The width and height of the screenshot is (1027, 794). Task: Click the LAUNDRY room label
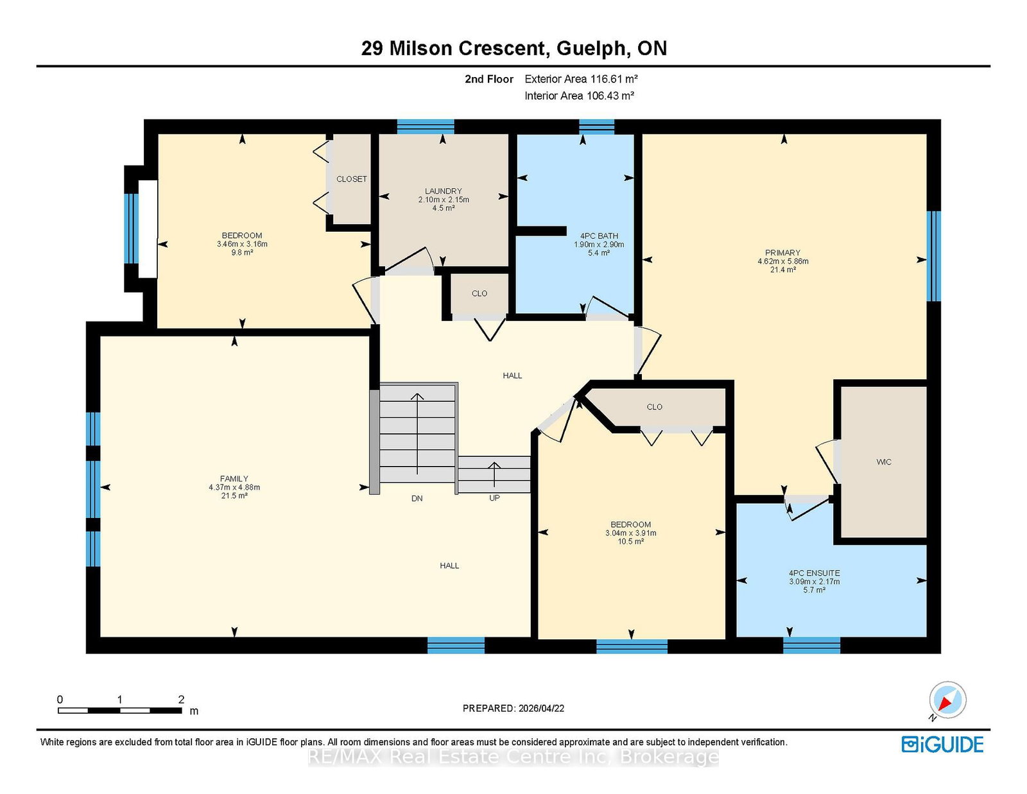[x=443, y=191]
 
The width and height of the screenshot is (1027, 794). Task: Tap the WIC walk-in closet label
[x=883, y=462]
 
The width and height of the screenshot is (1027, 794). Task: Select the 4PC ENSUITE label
[x=814, y=573]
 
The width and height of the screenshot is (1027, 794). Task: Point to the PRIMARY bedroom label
[x=782, y=252]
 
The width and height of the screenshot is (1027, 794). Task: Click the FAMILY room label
[x=234, y=478]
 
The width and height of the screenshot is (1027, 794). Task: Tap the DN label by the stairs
[x=417, y=498]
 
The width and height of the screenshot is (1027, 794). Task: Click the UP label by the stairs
[x=494, y=497]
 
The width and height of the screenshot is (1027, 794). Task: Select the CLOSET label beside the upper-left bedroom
[x=351, y=178]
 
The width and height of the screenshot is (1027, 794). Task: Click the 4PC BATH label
[x=599, y=236]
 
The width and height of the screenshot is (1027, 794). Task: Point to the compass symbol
[x=947, y=700]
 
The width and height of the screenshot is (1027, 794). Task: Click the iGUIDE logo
[x=942, y=745]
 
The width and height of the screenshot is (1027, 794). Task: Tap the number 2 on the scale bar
[x=181, y=699]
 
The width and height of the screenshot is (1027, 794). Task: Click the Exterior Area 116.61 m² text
[x=581, y=78]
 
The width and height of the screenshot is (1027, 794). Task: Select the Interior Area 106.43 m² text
[x=579, y=96]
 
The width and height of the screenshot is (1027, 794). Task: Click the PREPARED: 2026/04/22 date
[x=513, y=708]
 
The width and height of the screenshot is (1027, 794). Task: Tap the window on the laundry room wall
[x=426, y=126]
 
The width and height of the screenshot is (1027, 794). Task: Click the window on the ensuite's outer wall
[x=811, y=646]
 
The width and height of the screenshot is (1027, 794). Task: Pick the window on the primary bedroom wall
[x=933, y=255]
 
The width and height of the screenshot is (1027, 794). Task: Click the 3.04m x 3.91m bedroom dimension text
[x=630, y=533]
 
